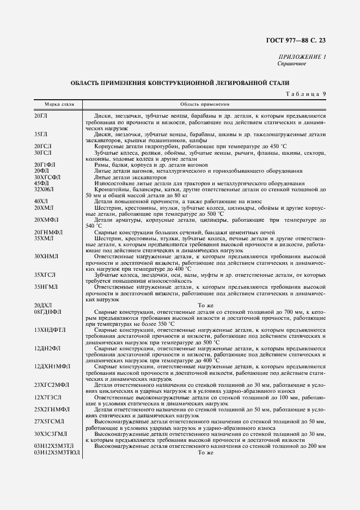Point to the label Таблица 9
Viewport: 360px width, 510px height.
(x=306, y=94)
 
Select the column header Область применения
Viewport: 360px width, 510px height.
(x=205, y=104)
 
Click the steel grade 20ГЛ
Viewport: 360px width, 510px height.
(x=41, y=116)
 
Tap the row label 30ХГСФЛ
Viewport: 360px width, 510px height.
(x=47, y=177)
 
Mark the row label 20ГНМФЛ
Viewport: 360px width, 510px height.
(x=48, y=232)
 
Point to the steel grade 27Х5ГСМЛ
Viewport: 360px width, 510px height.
(x=48, y=422)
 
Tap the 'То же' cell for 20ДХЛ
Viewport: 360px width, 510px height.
(x=205, y=306)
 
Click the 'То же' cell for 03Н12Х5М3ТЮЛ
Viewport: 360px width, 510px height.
(x=205, y=452)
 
